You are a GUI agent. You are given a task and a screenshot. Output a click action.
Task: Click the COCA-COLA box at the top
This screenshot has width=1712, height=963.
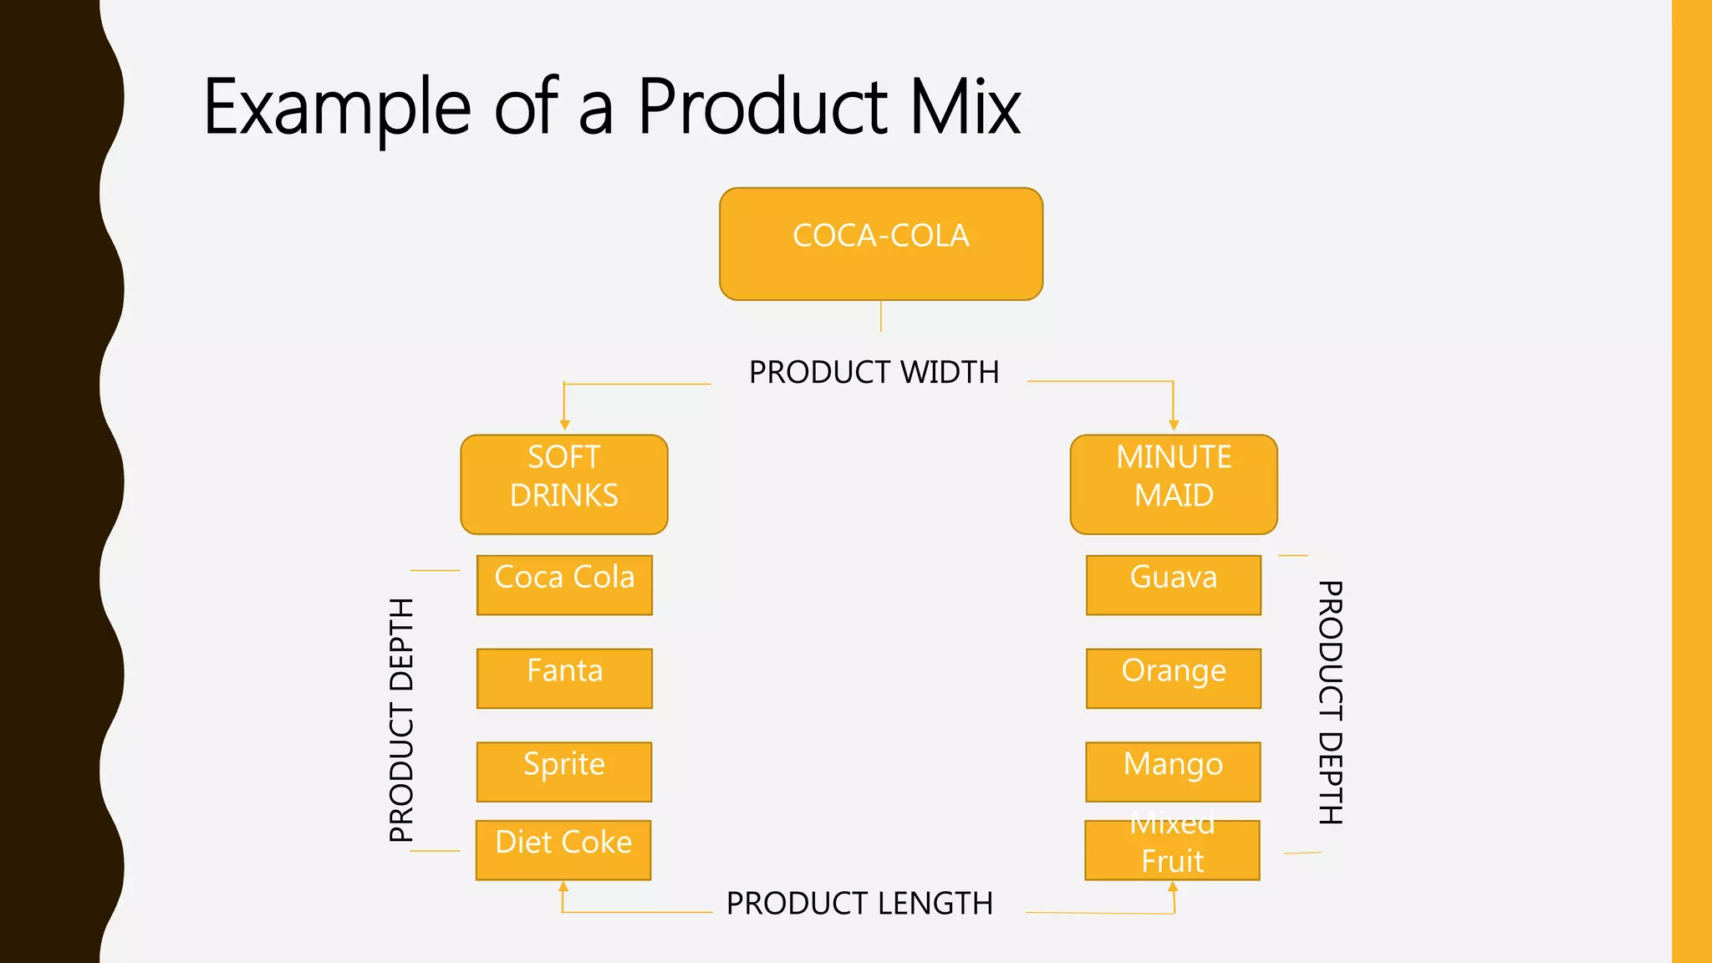point(881,243)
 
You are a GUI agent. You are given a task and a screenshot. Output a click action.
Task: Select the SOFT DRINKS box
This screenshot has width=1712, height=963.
point(564,484)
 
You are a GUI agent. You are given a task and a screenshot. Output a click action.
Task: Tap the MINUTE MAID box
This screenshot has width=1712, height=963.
point(1174,484)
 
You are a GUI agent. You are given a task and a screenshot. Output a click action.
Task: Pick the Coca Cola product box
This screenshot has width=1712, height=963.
point(564,584)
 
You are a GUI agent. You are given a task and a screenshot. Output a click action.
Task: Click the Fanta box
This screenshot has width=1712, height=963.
point(564,678)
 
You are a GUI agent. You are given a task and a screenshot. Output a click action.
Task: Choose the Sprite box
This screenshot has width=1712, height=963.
point(564,771)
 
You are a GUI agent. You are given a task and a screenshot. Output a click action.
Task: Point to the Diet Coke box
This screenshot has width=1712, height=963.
point(563,849)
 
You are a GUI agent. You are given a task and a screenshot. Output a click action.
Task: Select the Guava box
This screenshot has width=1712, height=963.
point(1174,584)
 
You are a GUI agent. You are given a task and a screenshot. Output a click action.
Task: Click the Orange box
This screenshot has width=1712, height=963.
point(1174,678)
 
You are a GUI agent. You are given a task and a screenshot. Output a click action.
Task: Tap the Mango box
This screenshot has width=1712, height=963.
point(1173,771)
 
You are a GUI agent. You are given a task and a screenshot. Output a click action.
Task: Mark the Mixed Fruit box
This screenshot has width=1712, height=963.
point(1172,849)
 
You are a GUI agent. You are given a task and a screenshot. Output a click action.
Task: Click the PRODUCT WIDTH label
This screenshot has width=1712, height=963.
point(874,373)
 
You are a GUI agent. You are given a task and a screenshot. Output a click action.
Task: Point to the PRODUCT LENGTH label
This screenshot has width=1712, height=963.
point(859,904)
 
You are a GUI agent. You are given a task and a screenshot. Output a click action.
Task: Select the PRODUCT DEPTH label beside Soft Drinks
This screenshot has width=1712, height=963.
point(402,720)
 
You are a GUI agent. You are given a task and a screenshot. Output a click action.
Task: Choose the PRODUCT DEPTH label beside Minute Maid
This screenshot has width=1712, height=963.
point(1330,702)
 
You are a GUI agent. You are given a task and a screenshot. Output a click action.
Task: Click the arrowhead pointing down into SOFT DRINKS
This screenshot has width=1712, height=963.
point(564,425)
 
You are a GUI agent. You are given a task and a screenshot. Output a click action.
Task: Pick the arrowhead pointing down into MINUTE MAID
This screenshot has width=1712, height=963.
point(1174,425)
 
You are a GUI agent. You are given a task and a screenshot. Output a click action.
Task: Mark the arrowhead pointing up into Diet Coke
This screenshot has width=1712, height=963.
point(563,886)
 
